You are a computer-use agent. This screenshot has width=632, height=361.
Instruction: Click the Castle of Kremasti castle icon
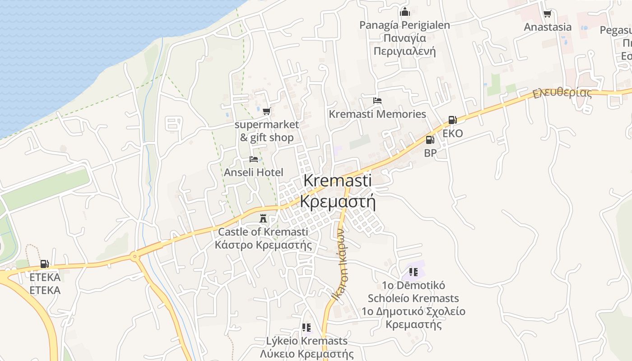tap(262, 219)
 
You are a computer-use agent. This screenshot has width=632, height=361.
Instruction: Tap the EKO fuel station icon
tap(452, 120)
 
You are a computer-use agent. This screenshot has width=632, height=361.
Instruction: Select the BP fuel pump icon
tap(430, 140)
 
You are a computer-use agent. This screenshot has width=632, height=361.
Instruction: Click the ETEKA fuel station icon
tap(45, 264)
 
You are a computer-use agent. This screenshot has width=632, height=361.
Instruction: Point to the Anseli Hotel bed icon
tap(254, 159)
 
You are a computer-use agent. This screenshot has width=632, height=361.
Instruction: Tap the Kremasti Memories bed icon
tap(377, 100)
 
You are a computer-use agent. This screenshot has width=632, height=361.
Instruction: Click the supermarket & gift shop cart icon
tap(267, 111)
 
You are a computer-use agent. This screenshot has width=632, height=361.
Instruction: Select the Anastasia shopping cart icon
tap(548, 14)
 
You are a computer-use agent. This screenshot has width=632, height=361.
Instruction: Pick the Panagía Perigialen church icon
tap(405, 12)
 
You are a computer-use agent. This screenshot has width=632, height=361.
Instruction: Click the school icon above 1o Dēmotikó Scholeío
tap(413, 272)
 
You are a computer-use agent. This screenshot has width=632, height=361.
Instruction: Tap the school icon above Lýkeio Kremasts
tap(307, 328)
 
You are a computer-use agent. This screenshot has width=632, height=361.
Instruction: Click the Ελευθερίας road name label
tap(562, 93)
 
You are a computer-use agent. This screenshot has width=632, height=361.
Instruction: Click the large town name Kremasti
tap(338, 180)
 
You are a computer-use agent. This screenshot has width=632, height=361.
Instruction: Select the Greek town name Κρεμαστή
tap(338, 201)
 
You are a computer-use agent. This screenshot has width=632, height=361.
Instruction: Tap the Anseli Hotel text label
tap(254, 172)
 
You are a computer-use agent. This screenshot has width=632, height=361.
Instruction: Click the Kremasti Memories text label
tap(377, 114)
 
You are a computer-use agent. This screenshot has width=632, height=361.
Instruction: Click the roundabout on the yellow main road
tap(135, 257)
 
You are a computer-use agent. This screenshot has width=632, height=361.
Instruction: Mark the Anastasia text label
tap(548, 27)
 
